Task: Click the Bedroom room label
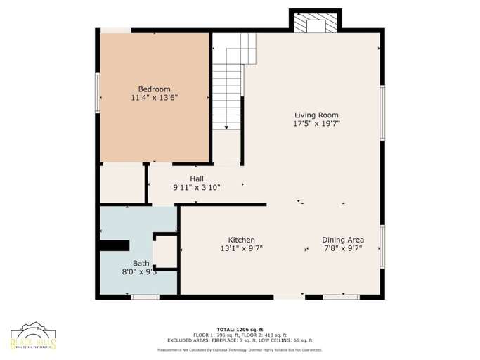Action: pyautogui.click(x=154, y=89)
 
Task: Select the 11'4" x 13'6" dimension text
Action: pyautogui.click(x=154, y=98)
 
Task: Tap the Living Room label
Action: pyautogui.click(x=316, y=115)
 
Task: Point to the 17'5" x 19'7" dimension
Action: pyautogui.click(x=316, y=124)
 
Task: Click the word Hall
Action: pyautogui.click(x=197, y=179)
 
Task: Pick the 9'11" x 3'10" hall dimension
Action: pyautogui.click(x=197, y=188)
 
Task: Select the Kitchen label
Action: pyautogui.click(x=241, y=240)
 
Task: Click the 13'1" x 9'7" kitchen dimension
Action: pyautogui.click(x=241, y=249)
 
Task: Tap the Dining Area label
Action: pyautogui.click(x=343, y=240)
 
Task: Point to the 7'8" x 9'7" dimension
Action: pyautogui.click(x=343, y=249)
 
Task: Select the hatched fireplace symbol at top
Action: pyautogui.click(x=315, y=24)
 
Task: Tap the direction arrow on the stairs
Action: pyautogui.click(x=227, y=127)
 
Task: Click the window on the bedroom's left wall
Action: pyautogui.click(x=98, y=92)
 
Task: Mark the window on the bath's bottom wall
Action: pyautogui.click(x=145, y=297)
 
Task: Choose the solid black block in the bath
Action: pyautogui.click(x=114, y=245)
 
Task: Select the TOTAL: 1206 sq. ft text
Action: pyautogui.click(x=240, y=329)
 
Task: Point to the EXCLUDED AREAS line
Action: pyautogui.click(x=240, y=340)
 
